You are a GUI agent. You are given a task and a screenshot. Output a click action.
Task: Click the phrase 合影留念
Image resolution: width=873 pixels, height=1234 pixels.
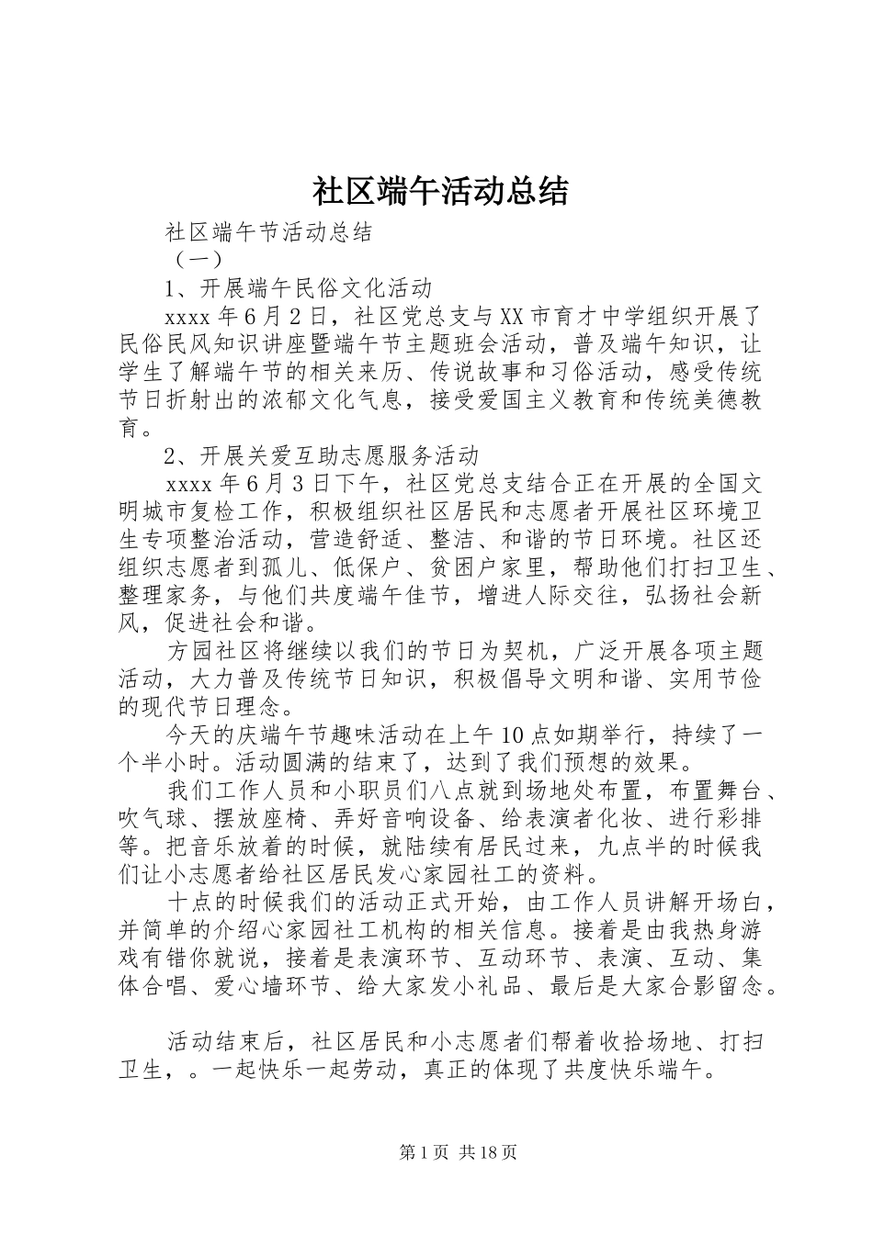click(716, 986)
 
